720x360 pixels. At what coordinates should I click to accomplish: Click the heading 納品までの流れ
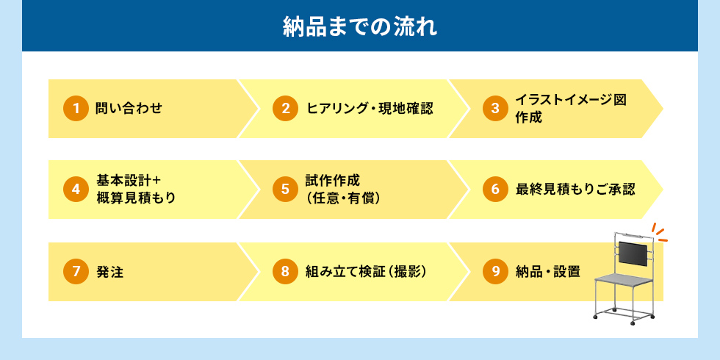tap(359, 27)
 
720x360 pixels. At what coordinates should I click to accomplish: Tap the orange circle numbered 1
tap(75, 109)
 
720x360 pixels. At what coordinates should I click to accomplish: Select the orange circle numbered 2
tap(285, 109)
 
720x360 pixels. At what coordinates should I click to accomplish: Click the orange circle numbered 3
tap(495, 109)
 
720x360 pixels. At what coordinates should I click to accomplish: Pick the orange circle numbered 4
tap(75, 190)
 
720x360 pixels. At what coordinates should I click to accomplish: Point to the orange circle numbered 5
tap(285, 190)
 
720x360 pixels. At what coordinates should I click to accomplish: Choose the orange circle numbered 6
tap(495, 190)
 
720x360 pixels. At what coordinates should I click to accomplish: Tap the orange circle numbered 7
tap(75, 272)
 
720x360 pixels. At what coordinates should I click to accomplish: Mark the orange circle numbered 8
tap(285, 272)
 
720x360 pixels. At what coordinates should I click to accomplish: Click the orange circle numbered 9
tap(495, 272)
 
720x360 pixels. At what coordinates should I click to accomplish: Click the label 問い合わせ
tap(129, 109)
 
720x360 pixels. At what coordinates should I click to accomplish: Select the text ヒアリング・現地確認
tap(370, 109)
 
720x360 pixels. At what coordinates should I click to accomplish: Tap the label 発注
tap(109, 272)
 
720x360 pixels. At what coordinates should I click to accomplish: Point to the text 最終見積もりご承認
tap(575, 190)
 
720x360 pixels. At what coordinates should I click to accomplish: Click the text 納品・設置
tap(548, 272)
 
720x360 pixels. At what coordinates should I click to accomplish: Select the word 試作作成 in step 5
tap(333, 181)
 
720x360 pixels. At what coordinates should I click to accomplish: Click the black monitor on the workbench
tap(633, 254)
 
